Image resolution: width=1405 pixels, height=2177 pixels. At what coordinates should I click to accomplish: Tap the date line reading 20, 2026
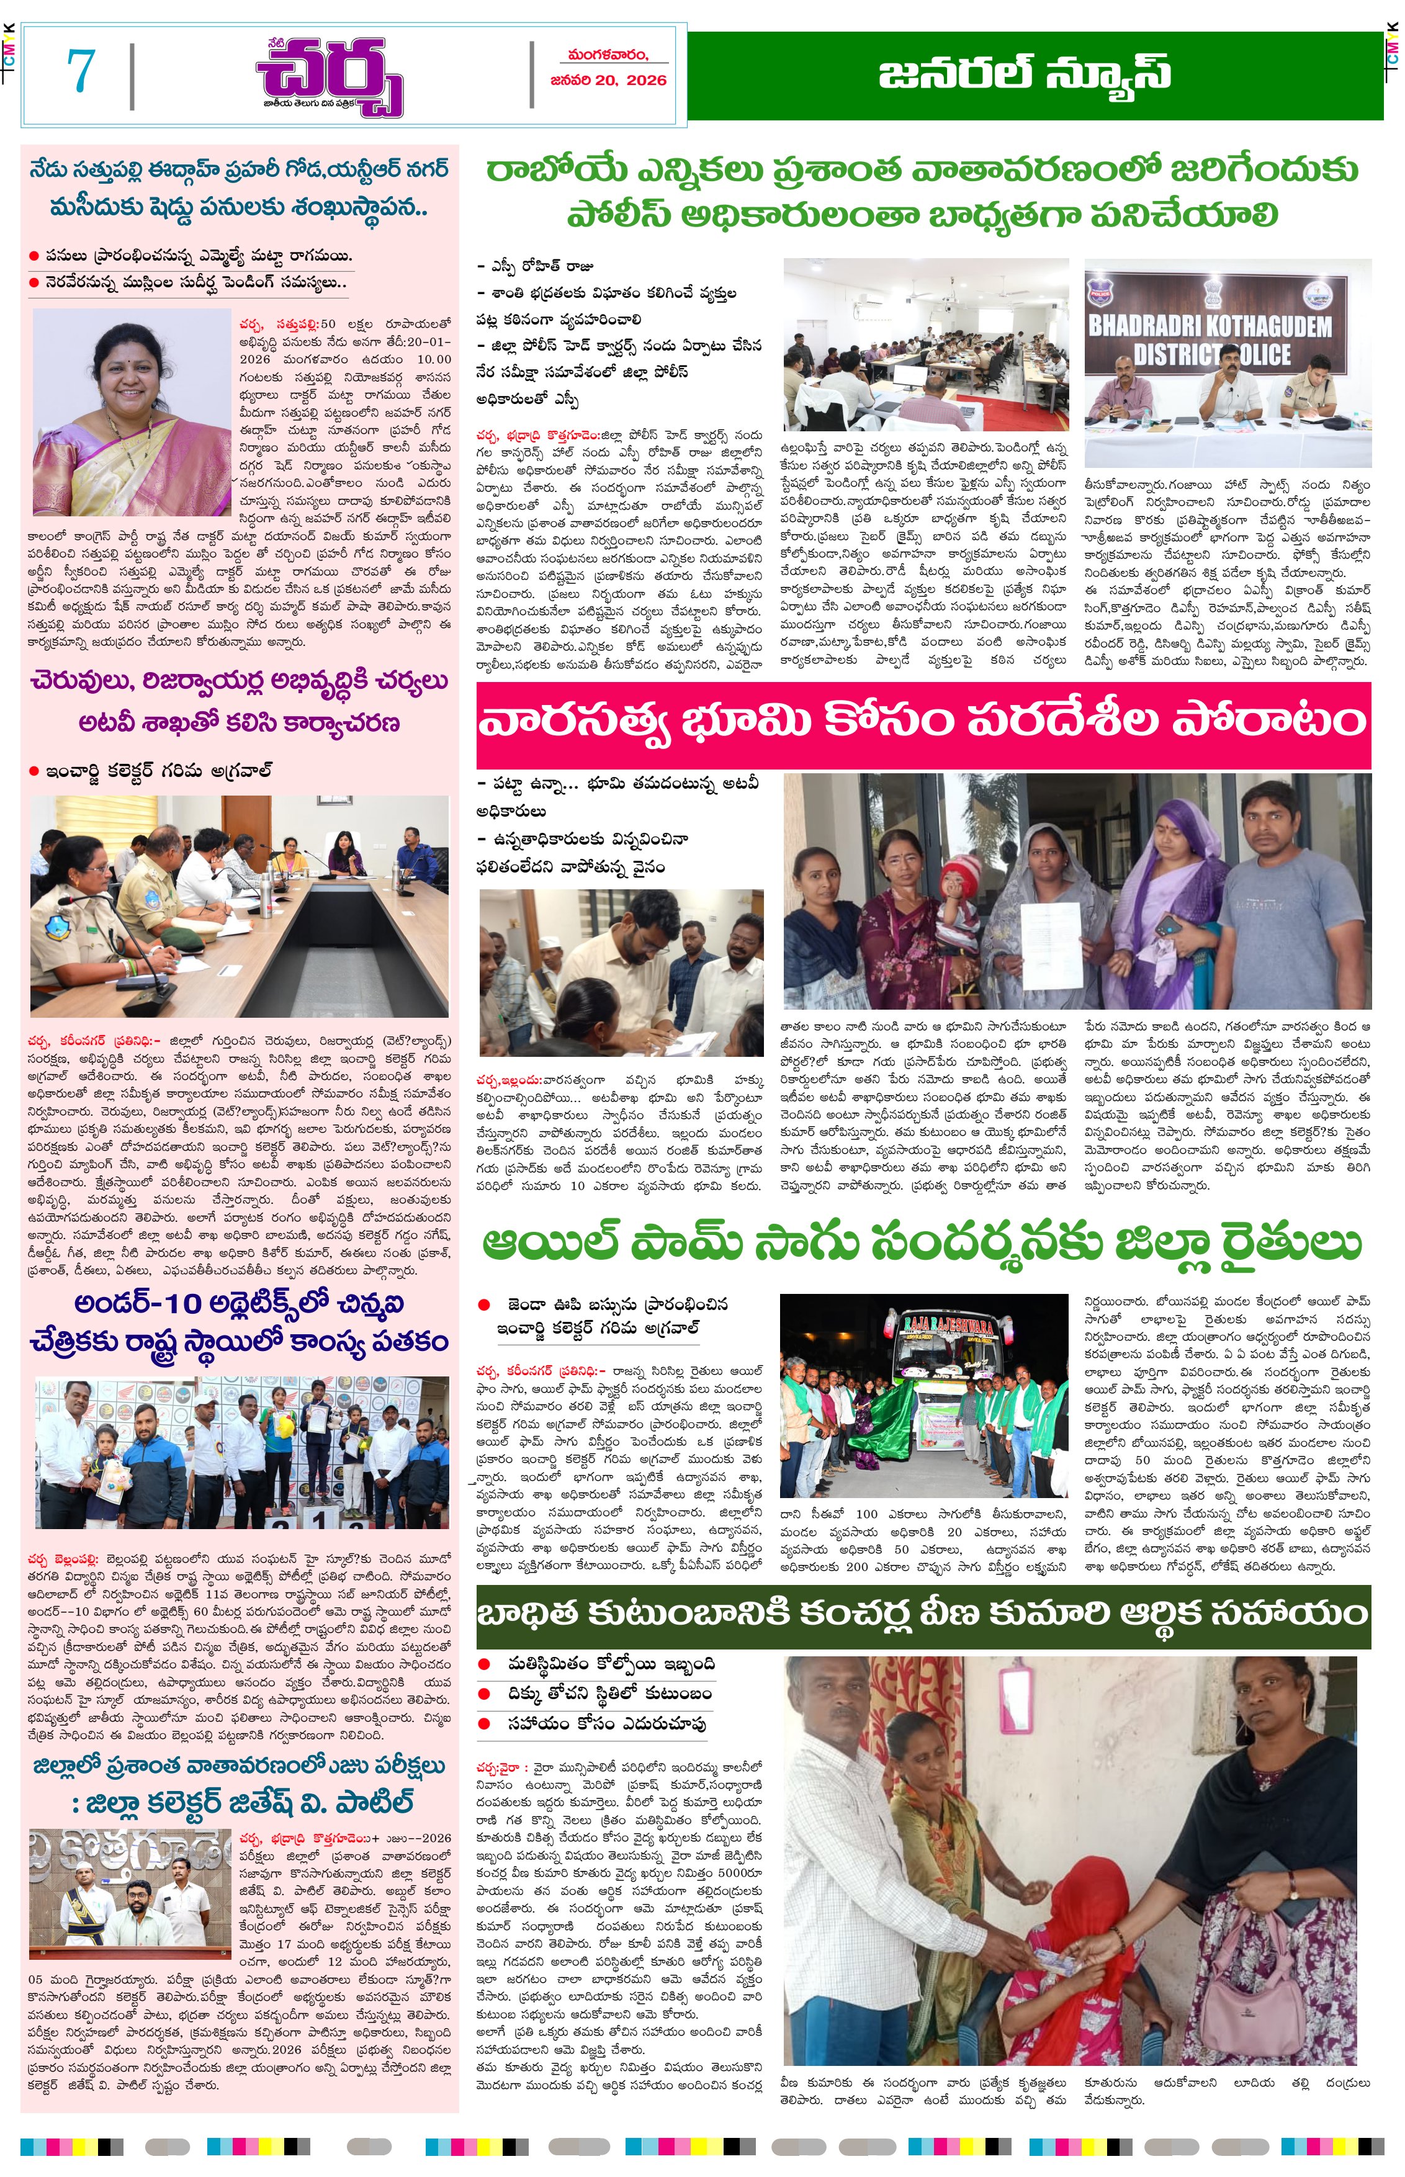click(x=609, y=80)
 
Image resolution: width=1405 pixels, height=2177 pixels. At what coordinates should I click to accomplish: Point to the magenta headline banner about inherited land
click(x=922, y=722)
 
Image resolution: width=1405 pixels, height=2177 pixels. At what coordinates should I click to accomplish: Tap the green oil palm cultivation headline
click(x=922, y=1242)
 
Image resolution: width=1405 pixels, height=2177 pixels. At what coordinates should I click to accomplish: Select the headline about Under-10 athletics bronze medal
click(x=239, y=1321)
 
